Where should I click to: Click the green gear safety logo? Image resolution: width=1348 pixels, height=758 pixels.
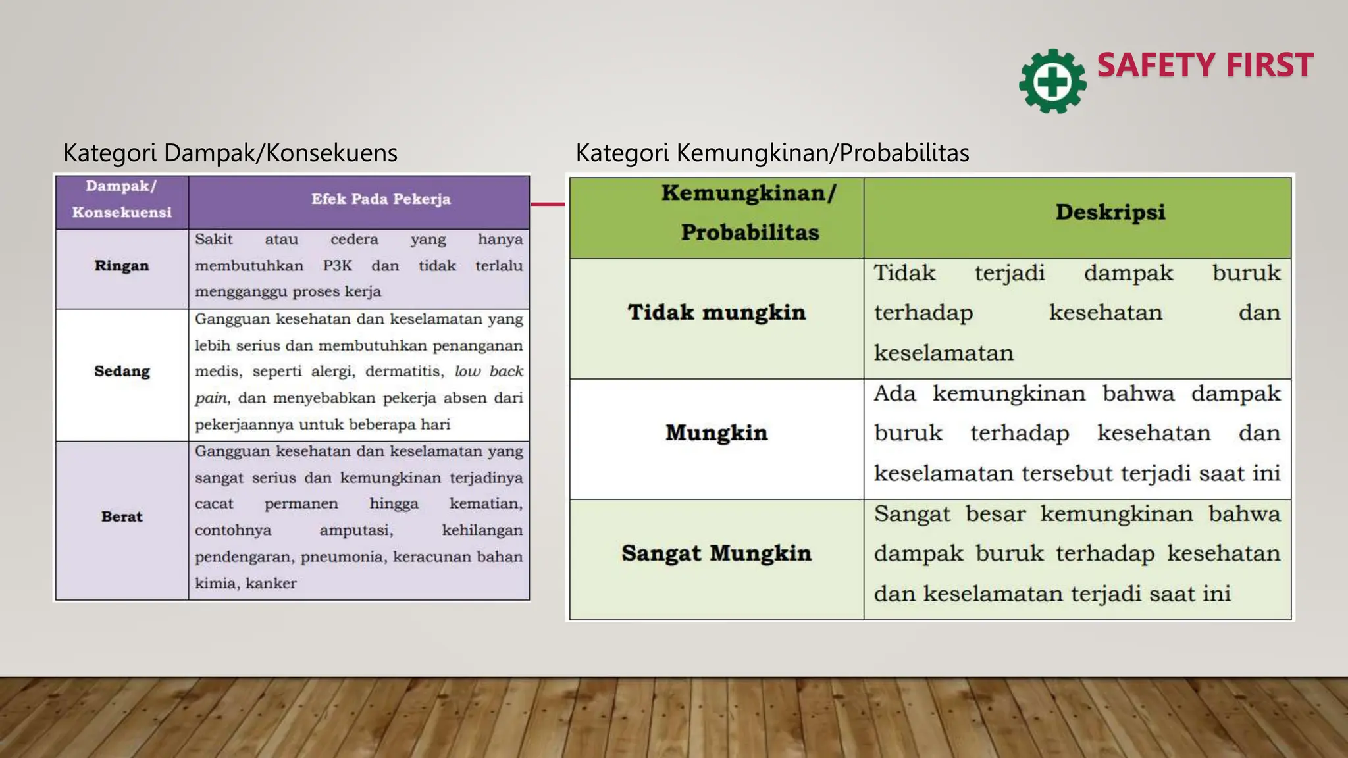[x=1052, y=82]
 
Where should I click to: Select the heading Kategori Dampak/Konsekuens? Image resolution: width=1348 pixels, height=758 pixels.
[x=230, y=153]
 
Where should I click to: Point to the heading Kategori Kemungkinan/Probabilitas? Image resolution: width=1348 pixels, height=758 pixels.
[x=772, y=153]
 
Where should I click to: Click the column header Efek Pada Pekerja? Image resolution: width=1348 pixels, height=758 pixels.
[x=380, y=199]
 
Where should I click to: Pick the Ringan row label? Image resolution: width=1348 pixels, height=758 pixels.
[x=122, y=266]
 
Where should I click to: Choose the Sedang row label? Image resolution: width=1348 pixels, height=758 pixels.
[x=122, y=372]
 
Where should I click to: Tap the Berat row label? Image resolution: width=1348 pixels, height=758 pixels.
[x=122, y=517]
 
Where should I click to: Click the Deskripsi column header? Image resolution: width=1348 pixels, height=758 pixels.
[x=1110, y=213]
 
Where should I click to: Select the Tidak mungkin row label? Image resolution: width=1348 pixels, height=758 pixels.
[x=716, y=313]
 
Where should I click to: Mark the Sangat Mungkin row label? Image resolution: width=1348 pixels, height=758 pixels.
[x=716, y=553]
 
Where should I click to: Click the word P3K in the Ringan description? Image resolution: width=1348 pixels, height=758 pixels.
[x=337, y=266]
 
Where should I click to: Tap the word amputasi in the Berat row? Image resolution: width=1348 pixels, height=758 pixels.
[x=356, y=530]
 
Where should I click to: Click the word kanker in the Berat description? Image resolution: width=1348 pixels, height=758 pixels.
[x=271, y=584]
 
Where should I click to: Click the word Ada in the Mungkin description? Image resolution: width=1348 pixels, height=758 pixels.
[x=894, y=394]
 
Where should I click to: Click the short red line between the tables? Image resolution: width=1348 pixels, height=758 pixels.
[x=548, y=204]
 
